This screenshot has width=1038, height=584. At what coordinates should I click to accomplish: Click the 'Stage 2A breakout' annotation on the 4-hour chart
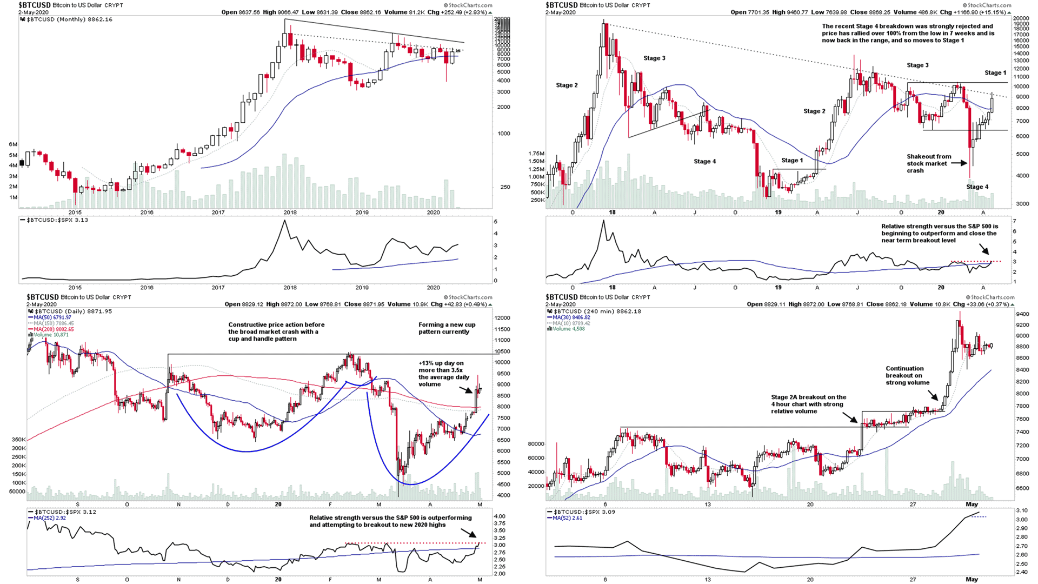(808, 404)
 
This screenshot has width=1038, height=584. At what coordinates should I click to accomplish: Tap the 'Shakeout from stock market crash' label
(928, 163)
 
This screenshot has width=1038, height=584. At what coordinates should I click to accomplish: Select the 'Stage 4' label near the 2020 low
(977, 187)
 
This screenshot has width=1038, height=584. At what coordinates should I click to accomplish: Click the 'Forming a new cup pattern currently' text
(447, 328)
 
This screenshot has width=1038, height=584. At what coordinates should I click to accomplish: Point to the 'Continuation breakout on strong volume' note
(907, 375)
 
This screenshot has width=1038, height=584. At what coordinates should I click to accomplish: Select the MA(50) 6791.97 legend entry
(52, 317)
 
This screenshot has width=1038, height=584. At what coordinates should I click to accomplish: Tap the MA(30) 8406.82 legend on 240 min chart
(571, 317)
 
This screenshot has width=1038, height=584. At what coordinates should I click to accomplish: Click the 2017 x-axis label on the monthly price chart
(218, 213)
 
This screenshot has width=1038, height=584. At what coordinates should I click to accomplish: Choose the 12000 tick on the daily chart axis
(502, 318)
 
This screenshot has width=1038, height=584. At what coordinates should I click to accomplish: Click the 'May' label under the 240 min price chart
(972, 505)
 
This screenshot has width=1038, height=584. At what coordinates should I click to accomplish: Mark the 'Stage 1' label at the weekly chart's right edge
(995, 73)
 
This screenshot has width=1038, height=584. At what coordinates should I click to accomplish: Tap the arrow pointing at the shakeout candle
(959, 163)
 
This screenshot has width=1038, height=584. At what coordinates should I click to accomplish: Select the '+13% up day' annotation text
(441, 374)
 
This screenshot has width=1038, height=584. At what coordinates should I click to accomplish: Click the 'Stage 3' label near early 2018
(654, 58)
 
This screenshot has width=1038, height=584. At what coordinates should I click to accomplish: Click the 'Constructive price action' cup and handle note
(276, 331)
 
